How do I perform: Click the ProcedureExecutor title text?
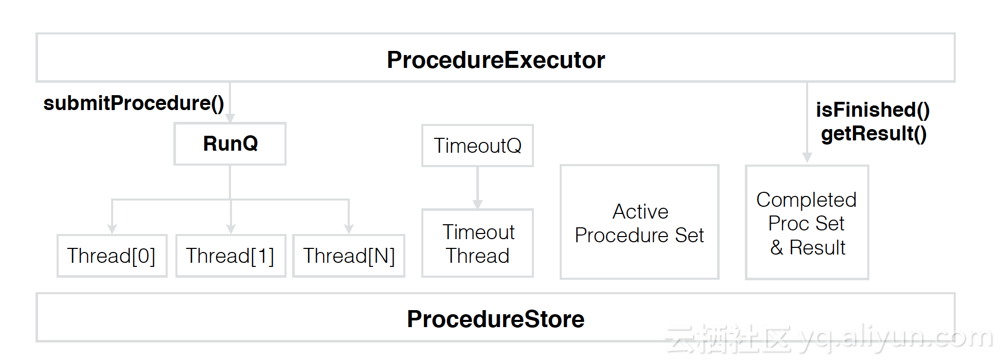[x=496, y=60]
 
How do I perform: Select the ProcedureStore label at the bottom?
[x=496, y=319]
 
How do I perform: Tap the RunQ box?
[x=230, y=143]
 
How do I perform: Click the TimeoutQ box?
[x=477, y=146]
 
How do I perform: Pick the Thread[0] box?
[x=112, y=256]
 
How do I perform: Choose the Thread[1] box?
[x=230, y=256]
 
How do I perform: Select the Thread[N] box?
[x=349, y=256]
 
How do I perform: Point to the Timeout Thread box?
[x=477, y=243]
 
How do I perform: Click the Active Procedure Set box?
[x=639, y=222]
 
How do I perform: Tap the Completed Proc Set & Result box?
[x=807, y=222]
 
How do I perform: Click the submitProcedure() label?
[x=134, y=103]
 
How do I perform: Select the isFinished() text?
[x=873, y=110]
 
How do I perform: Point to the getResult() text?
[x=874, y=134]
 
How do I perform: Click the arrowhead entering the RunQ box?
[x=230, y=118]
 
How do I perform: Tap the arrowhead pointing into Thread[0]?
[x=112, y=229]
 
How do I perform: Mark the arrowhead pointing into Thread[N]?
[x=349, y=229]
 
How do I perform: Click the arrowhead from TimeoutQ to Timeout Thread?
[x=477, y=204]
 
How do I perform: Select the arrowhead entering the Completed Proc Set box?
[x=807, y=158]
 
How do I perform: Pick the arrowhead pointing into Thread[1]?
[x=230, y=229]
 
